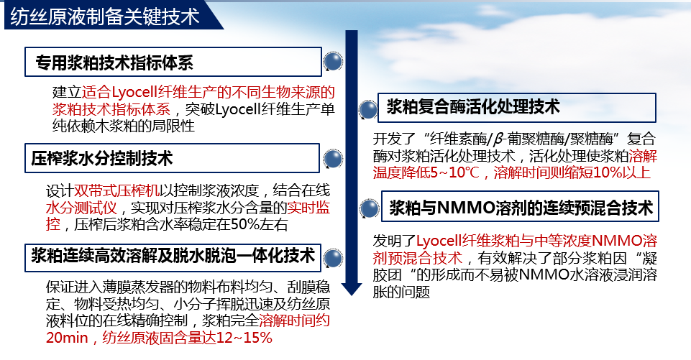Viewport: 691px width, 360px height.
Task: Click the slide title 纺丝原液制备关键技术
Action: [105, 17]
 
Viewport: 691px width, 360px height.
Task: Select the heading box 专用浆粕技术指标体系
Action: [173, 62]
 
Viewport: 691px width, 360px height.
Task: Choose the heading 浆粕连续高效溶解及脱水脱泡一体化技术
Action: [173, 257]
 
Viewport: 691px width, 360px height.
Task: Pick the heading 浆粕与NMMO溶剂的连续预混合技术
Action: [520, 207]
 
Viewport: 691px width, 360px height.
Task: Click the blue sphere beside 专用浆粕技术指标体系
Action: [333, 61]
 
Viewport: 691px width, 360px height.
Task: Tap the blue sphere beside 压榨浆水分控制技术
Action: [333, 159]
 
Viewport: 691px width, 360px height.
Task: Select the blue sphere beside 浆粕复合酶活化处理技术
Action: [368, 110]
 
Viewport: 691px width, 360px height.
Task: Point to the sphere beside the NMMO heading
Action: [370, 208]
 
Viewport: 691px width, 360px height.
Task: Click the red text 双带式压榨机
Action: [116, 191]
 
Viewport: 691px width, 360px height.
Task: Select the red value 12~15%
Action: [244, 338]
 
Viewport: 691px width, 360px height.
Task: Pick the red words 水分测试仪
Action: [81, 208]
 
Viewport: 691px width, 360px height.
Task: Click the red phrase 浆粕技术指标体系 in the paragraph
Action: [111, 109]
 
